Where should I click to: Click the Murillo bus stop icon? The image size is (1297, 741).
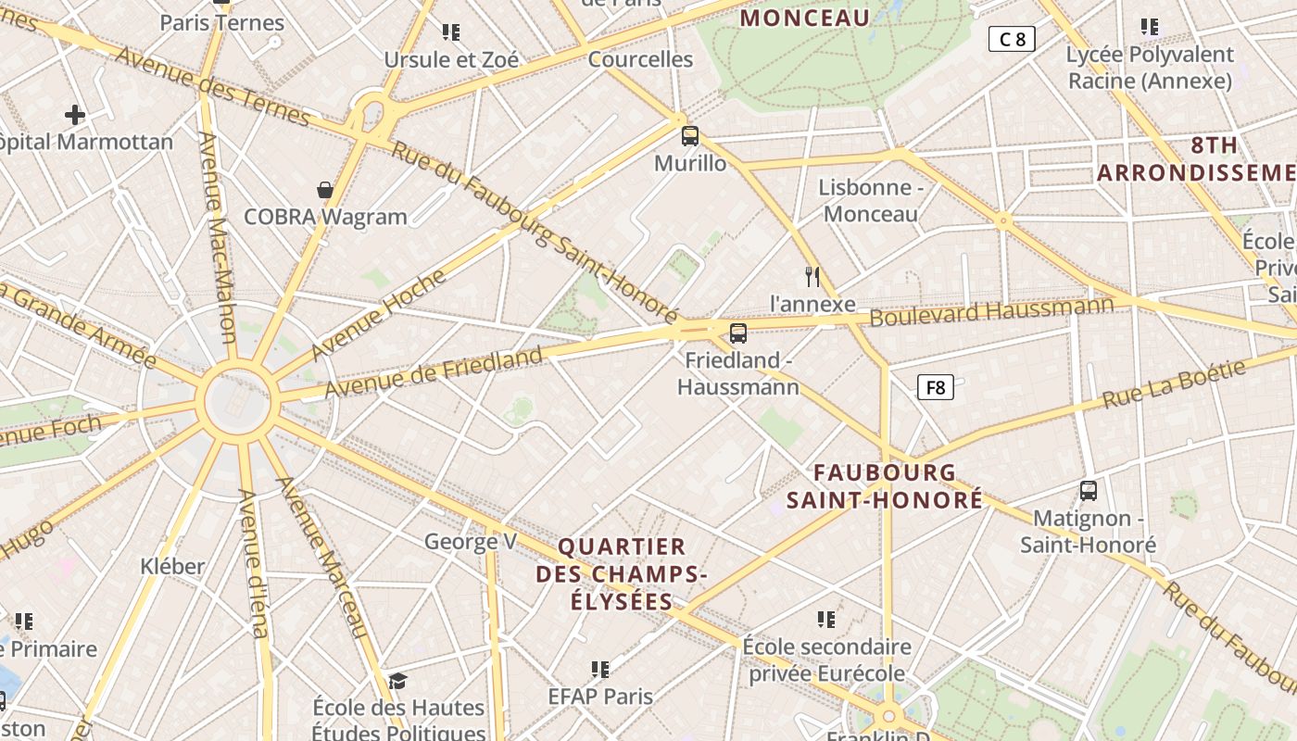[x=690, y=136]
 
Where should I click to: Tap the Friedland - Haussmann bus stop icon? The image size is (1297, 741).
[x=738, y=333]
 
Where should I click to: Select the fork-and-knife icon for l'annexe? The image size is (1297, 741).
[x=812, y=276]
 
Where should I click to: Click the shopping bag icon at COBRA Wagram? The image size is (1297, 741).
[x=325, y=190]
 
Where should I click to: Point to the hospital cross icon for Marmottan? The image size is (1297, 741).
[x=75, y=115]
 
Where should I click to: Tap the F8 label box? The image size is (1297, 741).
[x=935, y=387]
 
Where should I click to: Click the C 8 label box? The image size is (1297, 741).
[x=1011, y=39]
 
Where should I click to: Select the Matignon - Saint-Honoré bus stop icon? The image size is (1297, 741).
[x=1089, y=491]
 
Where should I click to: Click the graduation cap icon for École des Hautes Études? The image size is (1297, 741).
[x=397, y=682]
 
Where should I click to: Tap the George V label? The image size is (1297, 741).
[x=470, y=542]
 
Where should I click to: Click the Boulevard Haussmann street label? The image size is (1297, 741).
[x=991, y=311]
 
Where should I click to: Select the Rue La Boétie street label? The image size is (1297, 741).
[x=1174, y=384]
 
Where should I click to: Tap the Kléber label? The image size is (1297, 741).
[x=172, y=566]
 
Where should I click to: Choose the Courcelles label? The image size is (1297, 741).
[x=640, y=59]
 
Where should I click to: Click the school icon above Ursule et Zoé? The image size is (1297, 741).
[x=451, y=33]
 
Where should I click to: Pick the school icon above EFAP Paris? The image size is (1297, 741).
[x=600, y=669]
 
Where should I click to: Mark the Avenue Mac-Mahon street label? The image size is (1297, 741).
[x=218, y=236]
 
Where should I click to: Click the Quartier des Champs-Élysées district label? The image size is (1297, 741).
[x=622, y=573]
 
